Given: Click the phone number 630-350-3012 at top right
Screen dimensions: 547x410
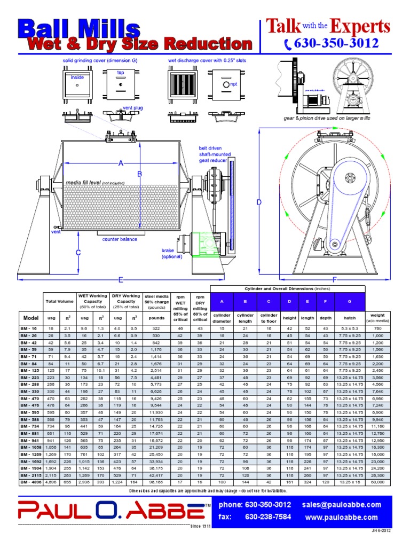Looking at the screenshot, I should pos(336,44).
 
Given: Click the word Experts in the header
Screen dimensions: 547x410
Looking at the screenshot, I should pos(359,26).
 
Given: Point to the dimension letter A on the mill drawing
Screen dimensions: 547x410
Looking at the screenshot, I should pos(121,163).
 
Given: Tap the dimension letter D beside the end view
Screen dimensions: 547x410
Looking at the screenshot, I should pos(259,202).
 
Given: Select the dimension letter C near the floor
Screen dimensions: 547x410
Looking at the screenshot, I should pos(78,253).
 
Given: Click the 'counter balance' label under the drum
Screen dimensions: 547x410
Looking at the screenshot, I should pos(120,239).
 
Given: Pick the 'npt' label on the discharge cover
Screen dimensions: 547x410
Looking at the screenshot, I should pos(233,84).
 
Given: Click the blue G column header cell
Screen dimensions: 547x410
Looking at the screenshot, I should pos(350,302).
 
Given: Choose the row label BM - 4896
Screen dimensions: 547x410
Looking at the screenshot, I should pos(31,482).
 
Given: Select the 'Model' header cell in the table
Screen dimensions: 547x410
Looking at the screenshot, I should pos(31,317).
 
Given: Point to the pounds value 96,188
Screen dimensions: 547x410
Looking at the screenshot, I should pos(157,482).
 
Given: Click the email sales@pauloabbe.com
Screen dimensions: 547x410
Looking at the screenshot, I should pos(341,505).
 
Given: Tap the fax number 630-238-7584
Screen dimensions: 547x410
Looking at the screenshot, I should pos(268,517).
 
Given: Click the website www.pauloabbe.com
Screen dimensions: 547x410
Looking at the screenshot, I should pos(341,517).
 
